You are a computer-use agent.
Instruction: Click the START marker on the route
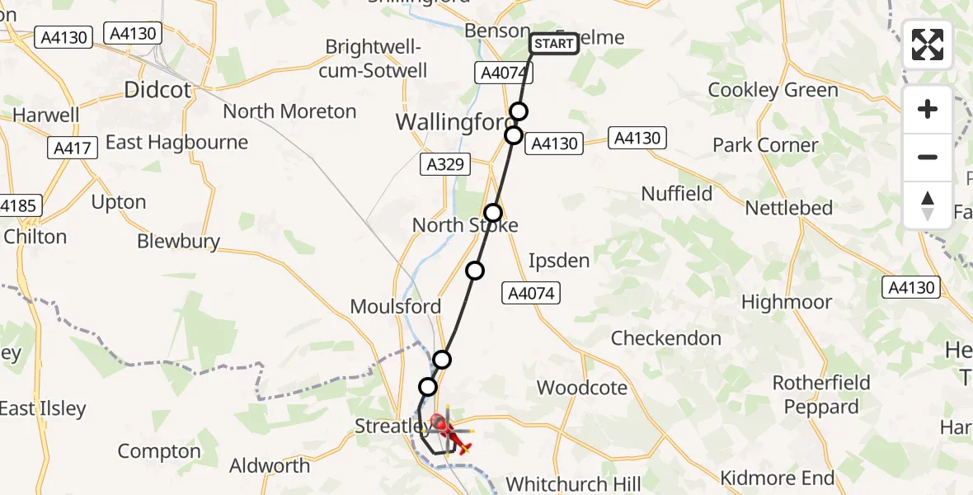point(554,44)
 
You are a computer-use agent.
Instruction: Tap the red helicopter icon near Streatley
point(447,432)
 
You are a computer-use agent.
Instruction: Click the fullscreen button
point(928,45)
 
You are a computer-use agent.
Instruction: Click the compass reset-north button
point(928,205)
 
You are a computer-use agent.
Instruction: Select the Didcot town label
point(157,90)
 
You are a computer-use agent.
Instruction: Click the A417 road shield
point(73,148)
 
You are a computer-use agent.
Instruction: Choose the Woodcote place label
point(582,388)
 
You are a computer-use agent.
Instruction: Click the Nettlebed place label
point(789,208)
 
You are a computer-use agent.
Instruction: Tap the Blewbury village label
point(179,241)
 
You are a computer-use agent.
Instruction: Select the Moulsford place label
point(396,307)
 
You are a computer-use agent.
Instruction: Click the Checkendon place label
point(666,338)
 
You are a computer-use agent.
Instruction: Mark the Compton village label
point(159,451)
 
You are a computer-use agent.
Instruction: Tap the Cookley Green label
point(773,90)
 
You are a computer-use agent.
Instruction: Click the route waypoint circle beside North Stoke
point(493,213)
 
